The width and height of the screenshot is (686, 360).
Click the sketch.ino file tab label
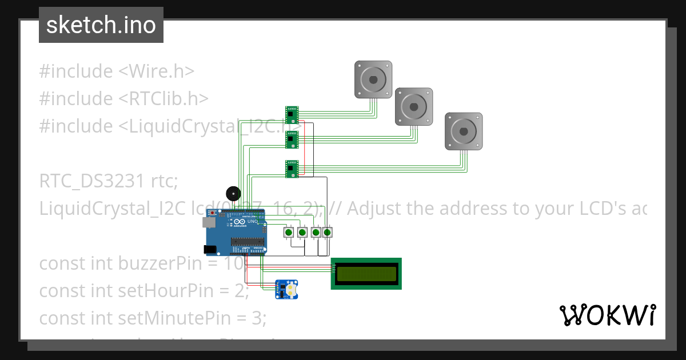coord(101,25)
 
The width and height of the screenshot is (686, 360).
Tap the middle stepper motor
coord(414,106)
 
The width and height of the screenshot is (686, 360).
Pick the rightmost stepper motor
coord(464,131)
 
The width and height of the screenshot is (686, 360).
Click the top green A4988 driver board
coord(292,114)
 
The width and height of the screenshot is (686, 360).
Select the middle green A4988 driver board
coord(292,139)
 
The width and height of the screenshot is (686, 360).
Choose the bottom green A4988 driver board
coord(292,169)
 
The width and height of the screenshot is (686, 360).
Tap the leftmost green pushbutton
coord(289,233)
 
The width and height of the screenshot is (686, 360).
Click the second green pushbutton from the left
coord(302,233)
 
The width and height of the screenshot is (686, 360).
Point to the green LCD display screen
coord(366,274)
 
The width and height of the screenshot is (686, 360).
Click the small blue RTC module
coord(286,290)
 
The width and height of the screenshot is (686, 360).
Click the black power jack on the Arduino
coord(210,249)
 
